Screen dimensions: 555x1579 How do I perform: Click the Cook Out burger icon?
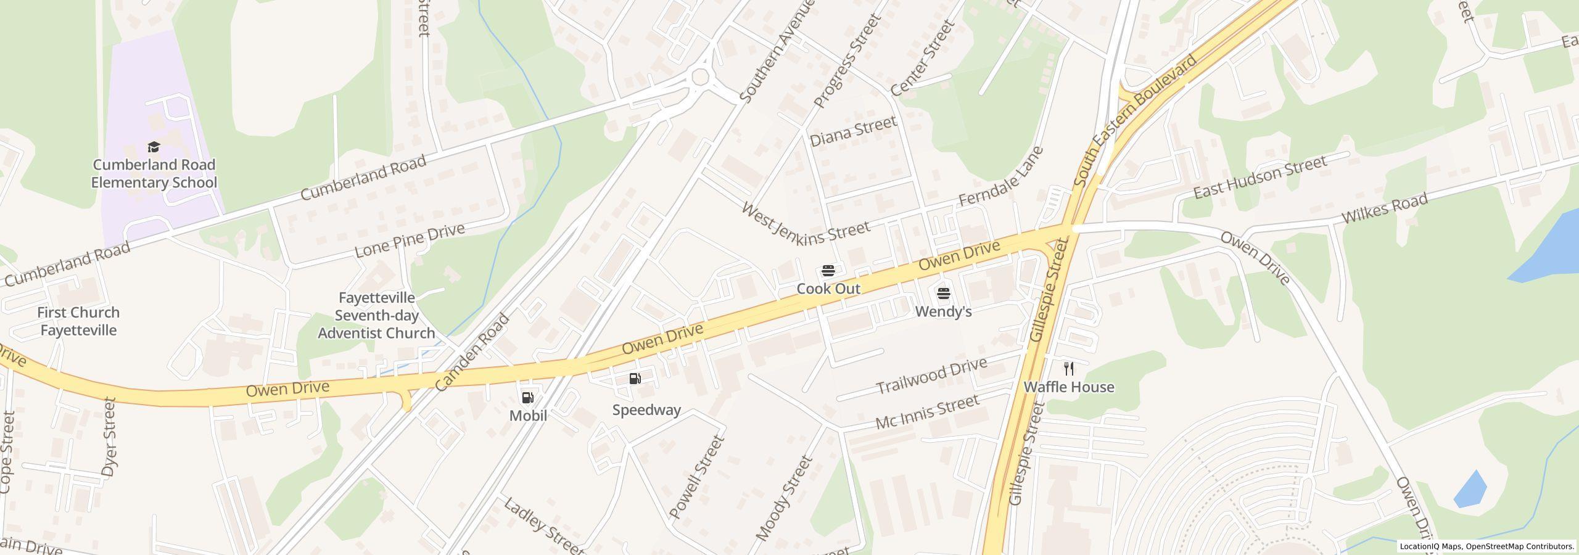[x=828, y=271]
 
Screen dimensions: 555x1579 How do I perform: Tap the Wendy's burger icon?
[x=943, y=293]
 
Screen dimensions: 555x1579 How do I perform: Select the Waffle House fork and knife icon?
[x=1069, y=369]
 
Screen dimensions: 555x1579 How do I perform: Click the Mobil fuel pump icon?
[x=528, y=398]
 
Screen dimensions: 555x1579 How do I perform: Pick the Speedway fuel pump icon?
[x=635, y=379]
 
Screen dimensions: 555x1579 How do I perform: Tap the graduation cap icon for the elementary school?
[x=154, y=147]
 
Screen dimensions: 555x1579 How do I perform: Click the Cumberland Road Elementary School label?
[x=154, y=173]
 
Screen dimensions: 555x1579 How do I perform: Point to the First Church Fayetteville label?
[x=78, y=321]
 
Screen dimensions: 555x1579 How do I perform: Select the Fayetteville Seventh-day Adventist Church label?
[x=376, y=315]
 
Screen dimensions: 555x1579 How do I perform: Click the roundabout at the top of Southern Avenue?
[x=699, y=77]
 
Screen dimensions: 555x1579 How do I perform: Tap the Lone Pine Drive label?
[x=410, y=240]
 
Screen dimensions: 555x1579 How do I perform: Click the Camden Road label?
[x=472, y=353]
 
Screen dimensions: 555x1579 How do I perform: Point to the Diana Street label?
[x=852, y=131]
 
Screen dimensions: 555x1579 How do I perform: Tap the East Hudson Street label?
[x=1259, y=178]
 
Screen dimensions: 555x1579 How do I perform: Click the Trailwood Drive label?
[x=931, y=376]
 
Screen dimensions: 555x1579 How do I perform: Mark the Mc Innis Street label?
[x=927, y=412]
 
